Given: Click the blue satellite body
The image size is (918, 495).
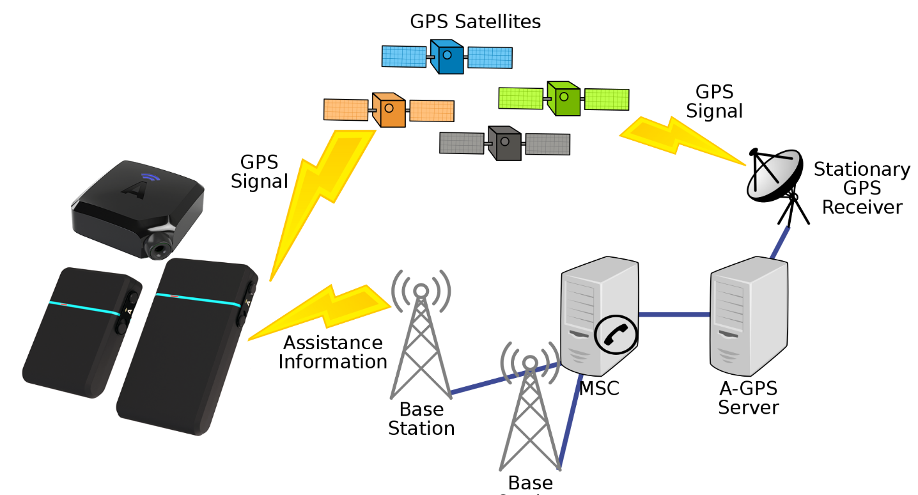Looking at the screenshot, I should click(x=447, y=57).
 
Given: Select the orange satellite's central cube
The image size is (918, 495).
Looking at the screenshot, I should click(x=389, y=110).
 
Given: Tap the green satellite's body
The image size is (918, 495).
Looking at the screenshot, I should click(x=564, y=98).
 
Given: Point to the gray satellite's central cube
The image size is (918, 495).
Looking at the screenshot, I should click(x=505, y=143).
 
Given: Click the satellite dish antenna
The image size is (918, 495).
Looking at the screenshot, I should click(x=774, y=174).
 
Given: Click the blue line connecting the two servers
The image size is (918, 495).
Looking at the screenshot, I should click(x=674, y=315).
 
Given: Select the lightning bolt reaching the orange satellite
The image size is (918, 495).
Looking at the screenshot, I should click(x=320, y=192).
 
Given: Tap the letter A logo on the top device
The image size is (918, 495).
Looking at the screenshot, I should click(x=134, y=189).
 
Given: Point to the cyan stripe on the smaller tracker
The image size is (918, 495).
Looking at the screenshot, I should click(x=83, y=308).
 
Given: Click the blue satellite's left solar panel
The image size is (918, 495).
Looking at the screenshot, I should click(x=404, y=56).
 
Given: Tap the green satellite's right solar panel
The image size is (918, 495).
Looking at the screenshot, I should click(x=607, y=99).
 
